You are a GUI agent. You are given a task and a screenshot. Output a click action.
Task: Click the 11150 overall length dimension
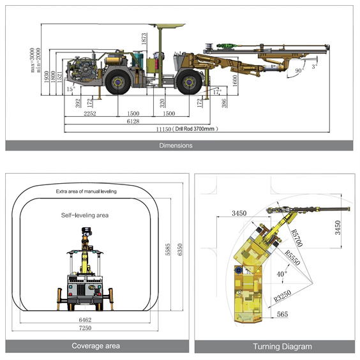tap(163, 130)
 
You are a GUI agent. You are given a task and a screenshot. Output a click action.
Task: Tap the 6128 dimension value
tap(133, 121)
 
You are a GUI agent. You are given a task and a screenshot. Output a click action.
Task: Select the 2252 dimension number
tap(90, 114)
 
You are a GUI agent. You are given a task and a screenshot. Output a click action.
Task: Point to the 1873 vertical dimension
tap(144, 38)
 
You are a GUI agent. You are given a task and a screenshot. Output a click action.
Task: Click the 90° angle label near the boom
tap(299, 70)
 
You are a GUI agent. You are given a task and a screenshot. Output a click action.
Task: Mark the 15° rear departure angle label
tap(71, 89)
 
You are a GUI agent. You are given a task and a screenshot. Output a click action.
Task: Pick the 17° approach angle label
tap(217, 92)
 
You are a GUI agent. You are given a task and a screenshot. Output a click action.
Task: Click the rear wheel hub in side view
tap(118, 82)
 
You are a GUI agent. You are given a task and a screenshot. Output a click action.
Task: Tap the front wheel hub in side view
tap(189, 82)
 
